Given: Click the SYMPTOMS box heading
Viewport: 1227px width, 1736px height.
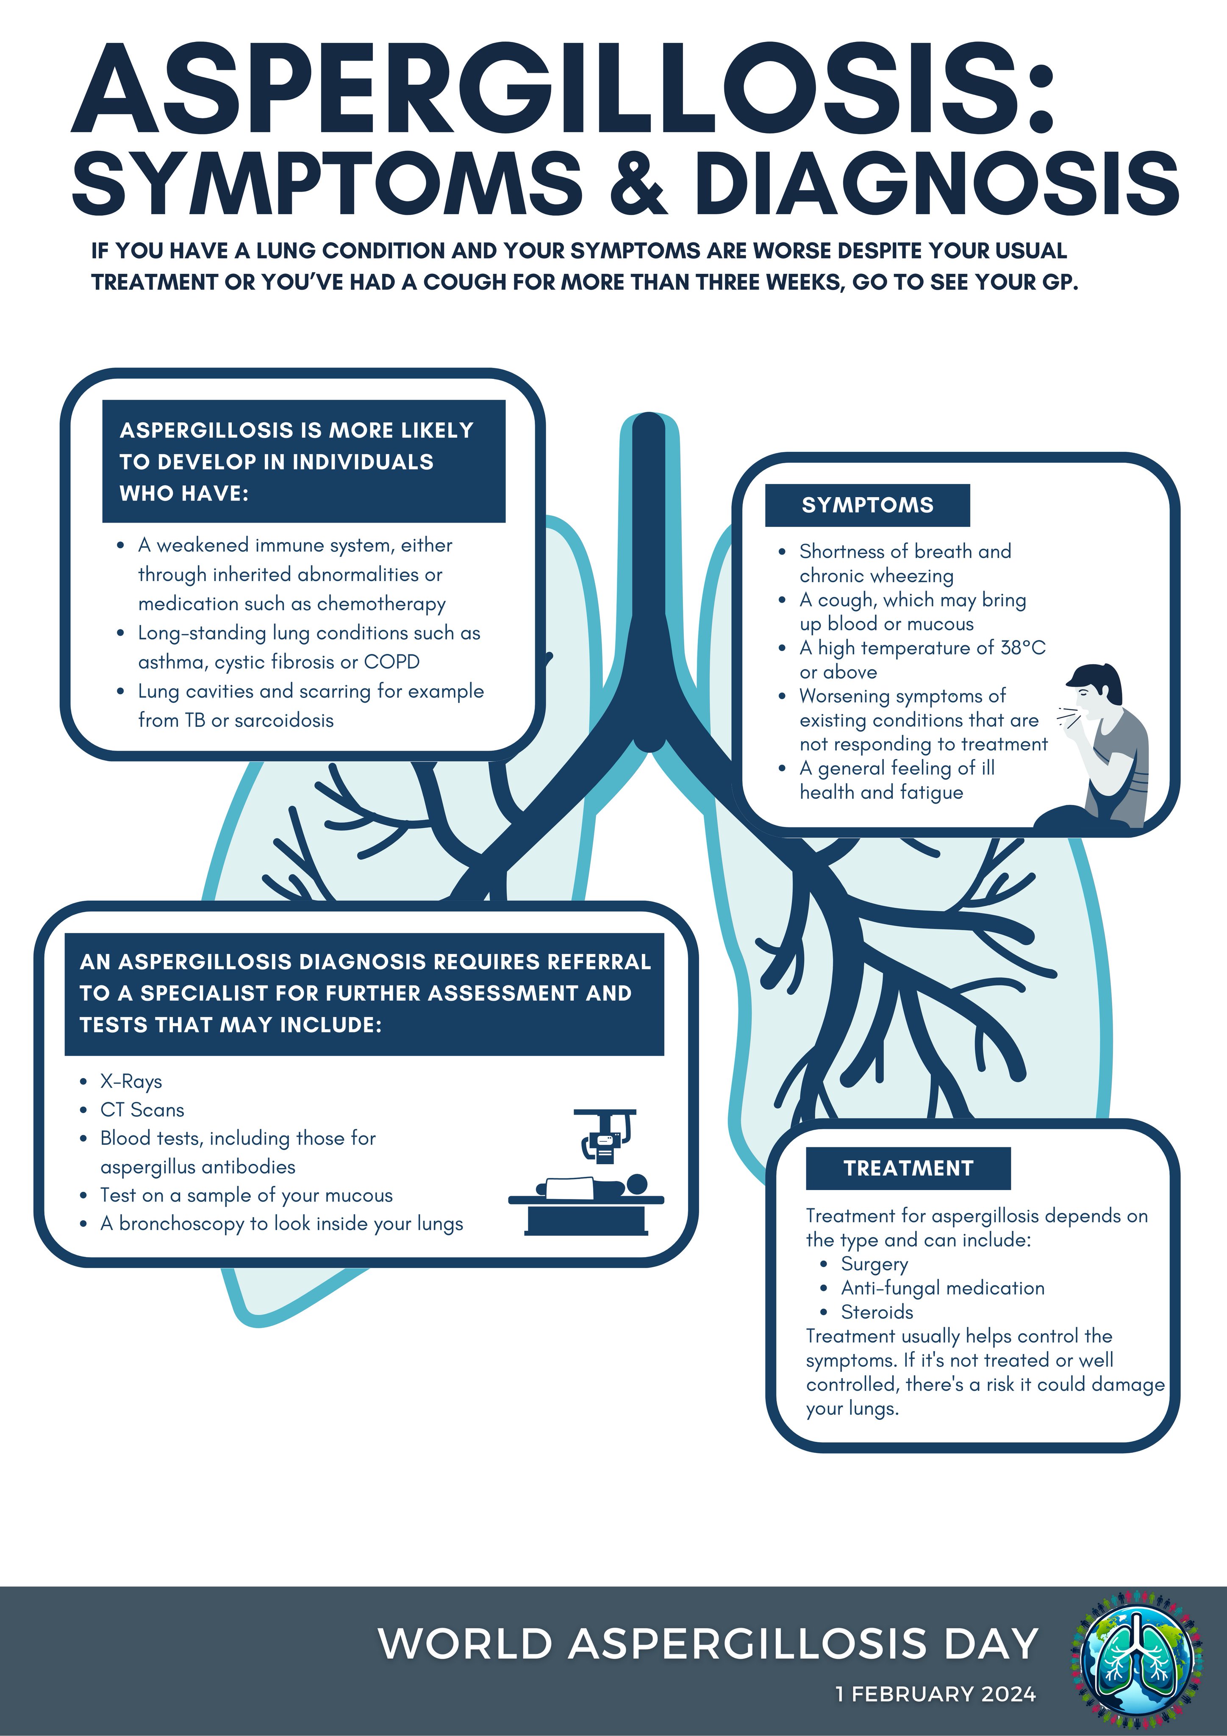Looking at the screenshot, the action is (867, 505).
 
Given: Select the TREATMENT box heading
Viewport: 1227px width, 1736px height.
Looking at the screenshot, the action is (908, 1168).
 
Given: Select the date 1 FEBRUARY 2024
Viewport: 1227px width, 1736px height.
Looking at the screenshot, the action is (935, 1694).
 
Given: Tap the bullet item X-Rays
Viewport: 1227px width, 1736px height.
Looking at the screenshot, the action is (131, 1081).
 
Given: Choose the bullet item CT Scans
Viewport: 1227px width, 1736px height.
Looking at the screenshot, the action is (142, 1110).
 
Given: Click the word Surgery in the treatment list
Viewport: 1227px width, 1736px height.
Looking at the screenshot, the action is (874, 1264).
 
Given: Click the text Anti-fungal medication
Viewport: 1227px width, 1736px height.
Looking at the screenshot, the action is (943, 1288).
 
